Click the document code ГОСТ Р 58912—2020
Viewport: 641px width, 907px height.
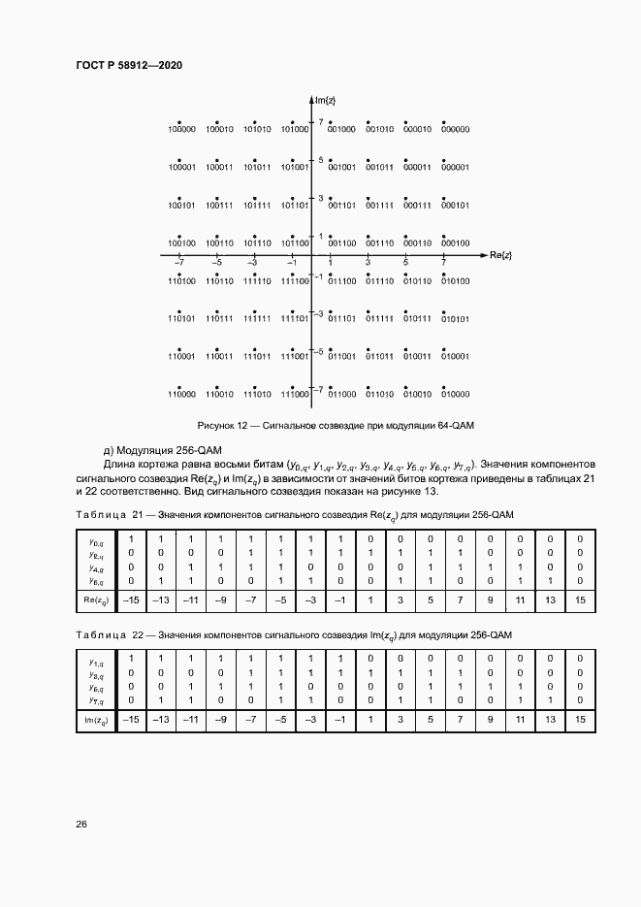pos(129,65)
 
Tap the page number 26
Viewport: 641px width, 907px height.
pos(81,824)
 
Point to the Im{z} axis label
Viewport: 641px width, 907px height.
pos(326,100)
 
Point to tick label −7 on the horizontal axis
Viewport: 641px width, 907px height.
pos(178,263)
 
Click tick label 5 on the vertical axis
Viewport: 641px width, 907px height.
pos(321,160)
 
